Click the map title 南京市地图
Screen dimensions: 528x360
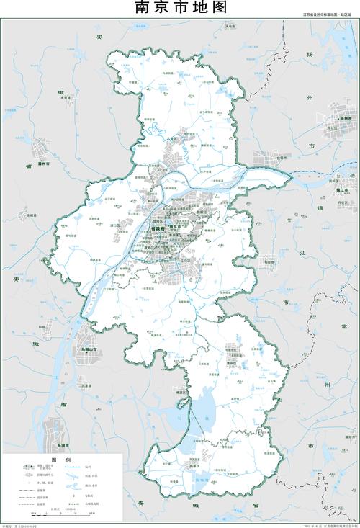(180, 8)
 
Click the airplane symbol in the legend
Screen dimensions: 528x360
(73, 496)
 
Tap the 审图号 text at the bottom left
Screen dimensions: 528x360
(21, 525)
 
